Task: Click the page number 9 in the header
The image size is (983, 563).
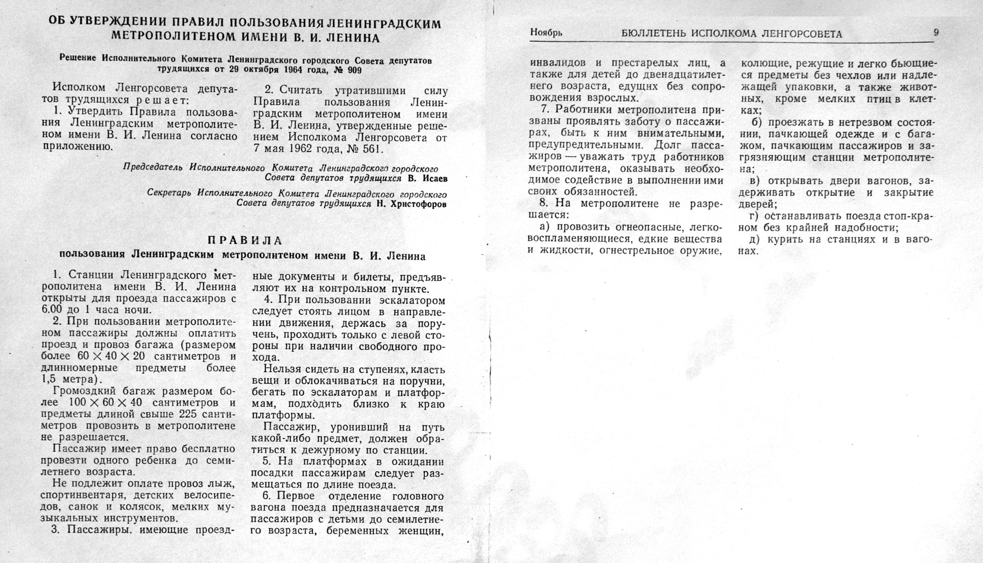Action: (x=936, y=33)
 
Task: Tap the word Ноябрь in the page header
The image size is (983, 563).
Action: (x=546, y=33)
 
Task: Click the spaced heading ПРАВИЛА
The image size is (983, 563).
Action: (x=245, y=241)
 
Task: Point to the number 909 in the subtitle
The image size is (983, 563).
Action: (x=354, y=70)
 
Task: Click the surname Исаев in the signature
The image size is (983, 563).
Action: (x=435, y=178)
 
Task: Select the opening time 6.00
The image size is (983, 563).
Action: (x=52, y=310)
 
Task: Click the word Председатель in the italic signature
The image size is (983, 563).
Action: (x=153, y=167)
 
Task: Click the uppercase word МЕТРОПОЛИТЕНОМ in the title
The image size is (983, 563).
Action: (x=174, y=37)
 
